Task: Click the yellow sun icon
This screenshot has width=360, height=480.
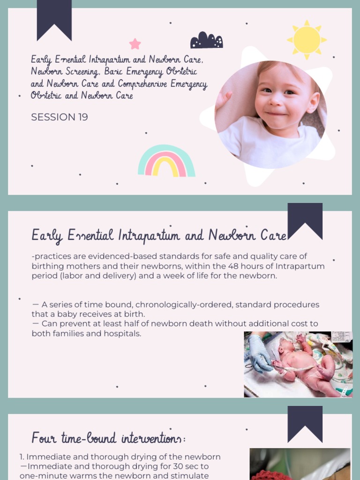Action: tap(307, 40)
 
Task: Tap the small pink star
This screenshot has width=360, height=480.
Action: tap(135, 44)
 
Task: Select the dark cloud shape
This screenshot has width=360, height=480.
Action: tap(206, 41)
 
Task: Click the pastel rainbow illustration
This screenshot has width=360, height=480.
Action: tap(166, 162)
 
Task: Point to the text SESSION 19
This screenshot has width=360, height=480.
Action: tap(60, 117)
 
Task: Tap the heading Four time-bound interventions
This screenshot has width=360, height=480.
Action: tap(108, 439)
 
